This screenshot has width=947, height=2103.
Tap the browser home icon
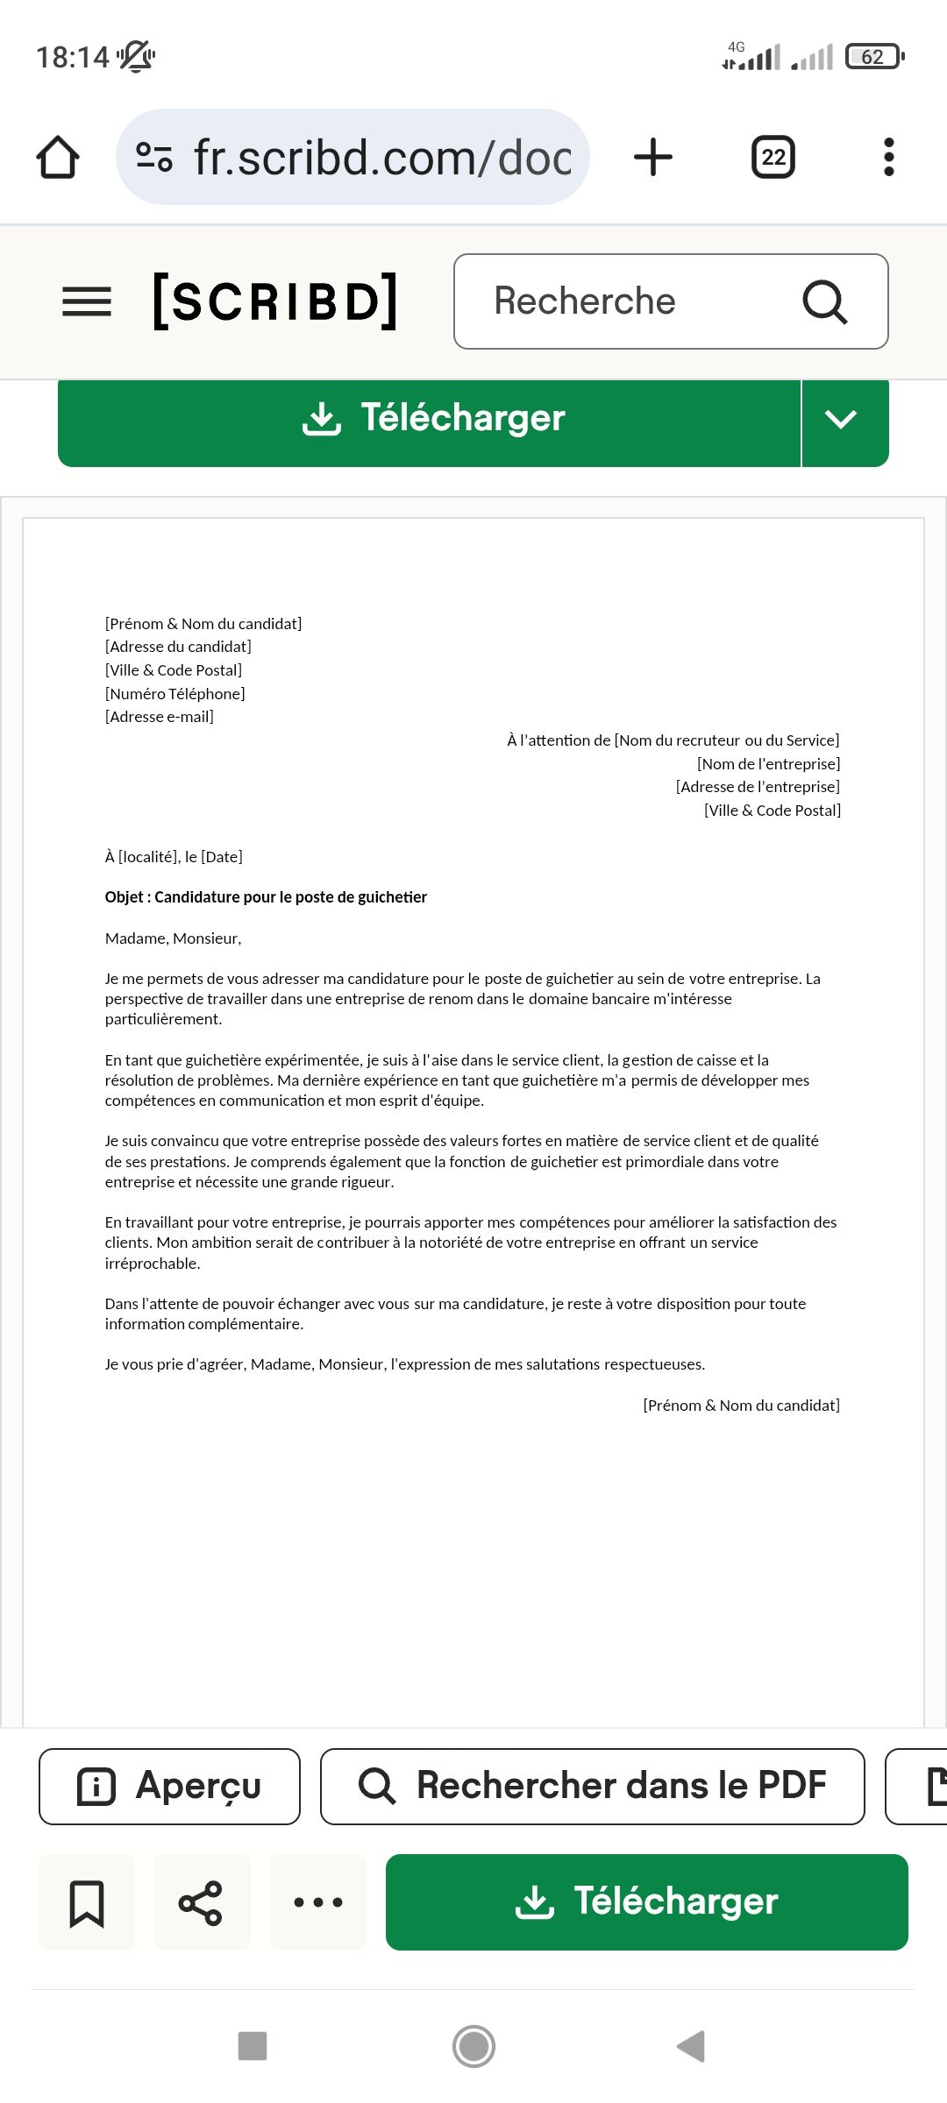(58, 158)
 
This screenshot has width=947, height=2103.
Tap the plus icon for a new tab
(653, 158)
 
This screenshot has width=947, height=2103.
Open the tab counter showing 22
(773, 158)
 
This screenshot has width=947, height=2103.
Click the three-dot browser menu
(888, 158)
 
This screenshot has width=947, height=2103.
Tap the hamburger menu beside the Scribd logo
(87, 301)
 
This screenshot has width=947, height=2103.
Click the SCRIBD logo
(275, 301)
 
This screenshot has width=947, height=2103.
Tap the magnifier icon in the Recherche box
(824, 302)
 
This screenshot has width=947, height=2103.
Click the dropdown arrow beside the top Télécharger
(841, 420)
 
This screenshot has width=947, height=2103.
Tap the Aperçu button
(169, 1786)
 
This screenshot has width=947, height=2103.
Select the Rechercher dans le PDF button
(593, 1786)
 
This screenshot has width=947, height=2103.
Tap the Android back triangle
(691, 2046)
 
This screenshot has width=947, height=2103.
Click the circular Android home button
(473, 2046)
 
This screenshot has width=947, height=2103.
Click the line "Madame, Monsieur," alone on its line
(174, 938)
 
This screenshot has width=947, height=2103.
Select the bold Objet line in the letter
(266, 897)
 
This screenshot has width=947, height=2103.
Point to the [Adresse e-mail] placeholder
(160, 717)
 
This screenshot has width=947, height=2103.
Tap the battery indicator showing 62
(873, 57)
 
